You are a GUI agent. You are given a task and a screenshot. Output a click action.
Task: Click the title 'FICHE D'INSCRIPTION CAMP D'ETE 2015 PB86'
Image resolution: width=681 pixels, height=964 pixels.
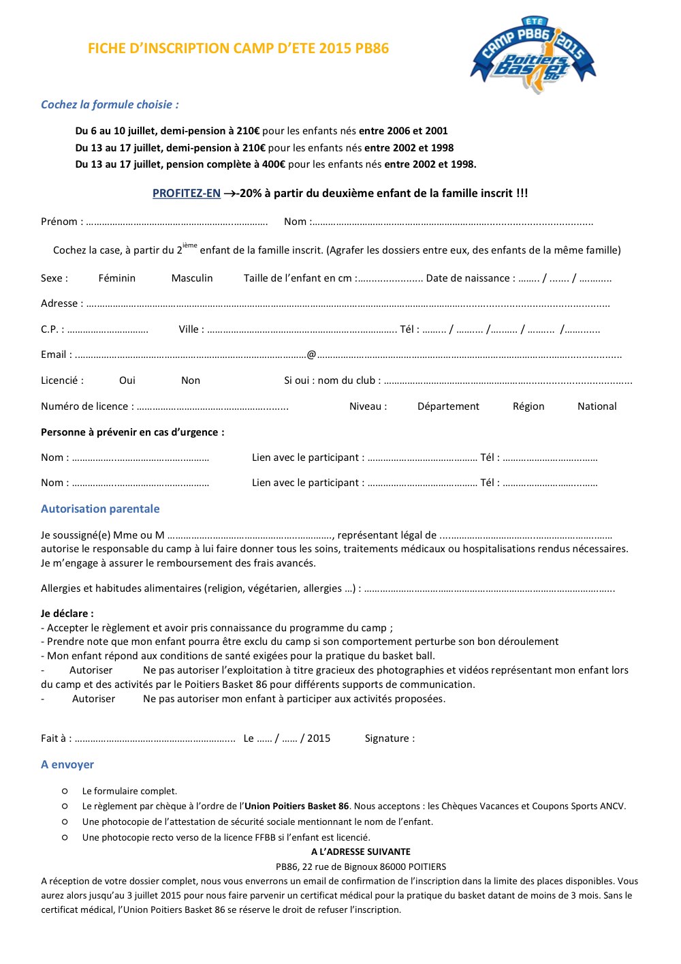pos(238,48)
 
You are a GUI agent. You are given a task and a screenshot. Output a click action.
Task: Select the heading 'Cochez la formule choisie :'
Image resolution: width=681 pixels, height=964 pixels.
pos(110,104)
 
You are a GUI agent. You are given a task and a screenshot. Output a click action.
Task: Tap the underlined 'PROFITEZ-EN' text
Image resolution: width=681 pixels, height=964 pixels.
pos(187,194)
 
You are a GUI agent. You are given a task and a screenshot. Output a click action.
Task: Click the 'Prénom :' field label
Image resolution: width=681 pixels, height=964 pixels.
pos(62,222)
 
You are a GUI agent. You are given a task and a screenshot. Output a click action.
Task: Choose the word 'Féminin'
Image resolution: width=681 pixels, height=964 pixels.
pos(117,278)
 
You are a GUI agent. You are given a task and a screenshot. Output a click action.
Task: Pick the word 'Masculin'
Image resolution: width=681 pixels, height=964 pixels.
pos(192,278)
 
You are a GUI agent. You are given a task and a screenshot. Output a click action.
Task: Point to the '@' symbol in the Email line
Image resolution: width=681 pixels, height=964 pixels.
pos(312,355)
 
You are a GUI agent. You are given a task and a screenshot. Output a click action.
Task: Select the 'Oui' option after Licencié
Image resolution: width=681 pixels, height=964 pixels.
pos(127,380)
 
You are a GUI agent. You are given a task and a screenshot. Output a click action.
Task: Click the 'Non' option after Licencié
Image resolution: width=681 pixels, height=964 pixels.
pos(191,380)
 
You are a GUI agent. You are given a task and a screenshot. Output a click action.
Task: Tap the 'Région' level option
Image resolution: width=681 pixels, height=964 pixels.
pos(528,406)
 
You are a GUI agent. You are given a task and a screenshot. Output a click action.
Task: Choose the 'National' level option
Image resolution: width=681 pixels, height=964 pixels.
pos(597,406)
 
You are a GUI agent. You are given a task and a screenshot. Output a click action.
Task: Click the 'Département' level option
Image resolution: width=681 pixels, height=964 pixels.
pos(448,406)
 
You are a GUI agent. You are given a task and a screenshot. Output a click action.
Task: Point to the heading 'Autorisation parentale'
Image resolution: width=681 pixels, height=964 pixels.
pos(100,509)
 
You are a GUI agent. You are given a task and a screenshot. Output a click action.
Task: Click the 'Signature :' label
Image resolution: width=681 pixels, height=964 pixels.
pos(390,738)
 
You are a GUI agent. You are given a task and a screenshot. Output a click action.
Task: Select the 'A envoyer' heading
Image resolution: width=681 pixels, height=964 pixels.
pos(67,764)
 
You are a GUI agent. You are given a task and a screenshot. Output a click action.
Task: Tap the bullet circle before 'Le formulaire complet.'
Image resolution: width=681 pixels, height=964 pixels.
pos(65,791)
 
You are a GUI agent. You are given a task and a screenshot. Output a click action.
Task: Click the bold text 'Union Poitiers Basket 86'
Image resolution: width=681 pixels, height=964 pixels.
pos(297,806)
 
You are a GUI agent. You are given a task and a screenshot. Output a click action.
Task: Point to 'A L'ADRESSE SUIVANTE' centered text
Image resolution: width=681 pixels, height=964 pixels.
pos(361,852)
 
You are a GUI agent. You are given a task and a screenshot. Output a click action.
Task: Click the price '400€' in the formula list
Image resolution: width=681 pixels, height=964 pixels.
pos(274,164)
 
